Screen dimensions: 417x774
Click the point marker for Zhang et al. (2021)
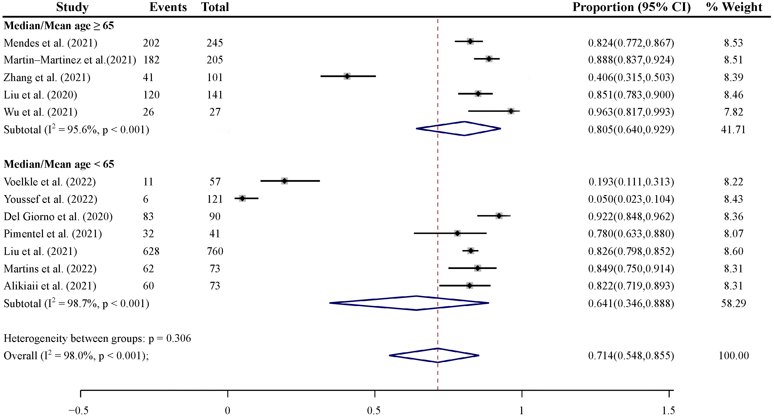(x=347, y=76)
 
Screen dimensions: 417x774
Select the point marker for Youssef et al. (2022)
(x=242, y=198)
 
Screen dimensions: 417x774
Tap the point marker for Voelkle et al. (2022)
(x=284, y=181)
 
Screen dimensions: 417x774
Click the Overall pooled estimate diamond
(x=434, y=355)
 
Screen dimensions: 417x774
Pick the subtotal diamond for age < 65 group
(x=409, y=303)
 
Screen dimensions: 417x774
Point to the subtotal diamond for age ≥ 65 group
(x=458, y=129)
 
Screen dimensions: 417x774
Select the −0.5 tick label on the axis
(x=79, y=410)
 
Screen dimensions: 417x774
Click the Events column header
(x=168, y=7)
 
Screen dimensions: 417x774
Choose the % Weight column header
(x=734, y=7)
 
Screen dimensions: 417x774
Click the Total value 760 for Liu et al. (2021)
(x=215, y=251)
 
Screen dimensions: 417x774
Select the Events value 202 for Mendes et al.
(x=151, y=43)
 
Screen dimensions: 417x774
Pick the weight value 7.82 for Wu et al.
(x=733, y=112)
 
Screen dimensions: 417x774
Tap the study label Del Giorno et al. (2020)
(x=58, y=217)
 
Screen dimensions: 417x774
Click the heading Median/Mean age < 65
(x=59, y=164)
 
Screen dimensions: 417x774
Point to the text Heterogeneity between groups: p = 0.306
(x=97, y=338)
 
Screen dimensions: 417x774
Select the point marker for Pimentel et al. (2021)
(x=457, y=233)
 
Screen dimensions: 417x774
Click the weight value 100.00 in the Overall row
(x=733, y=356)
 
